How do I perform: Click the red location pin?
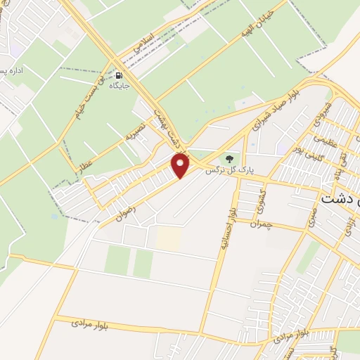tap(181, 165)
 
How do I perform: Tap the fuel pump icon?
tap(119, 75)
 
